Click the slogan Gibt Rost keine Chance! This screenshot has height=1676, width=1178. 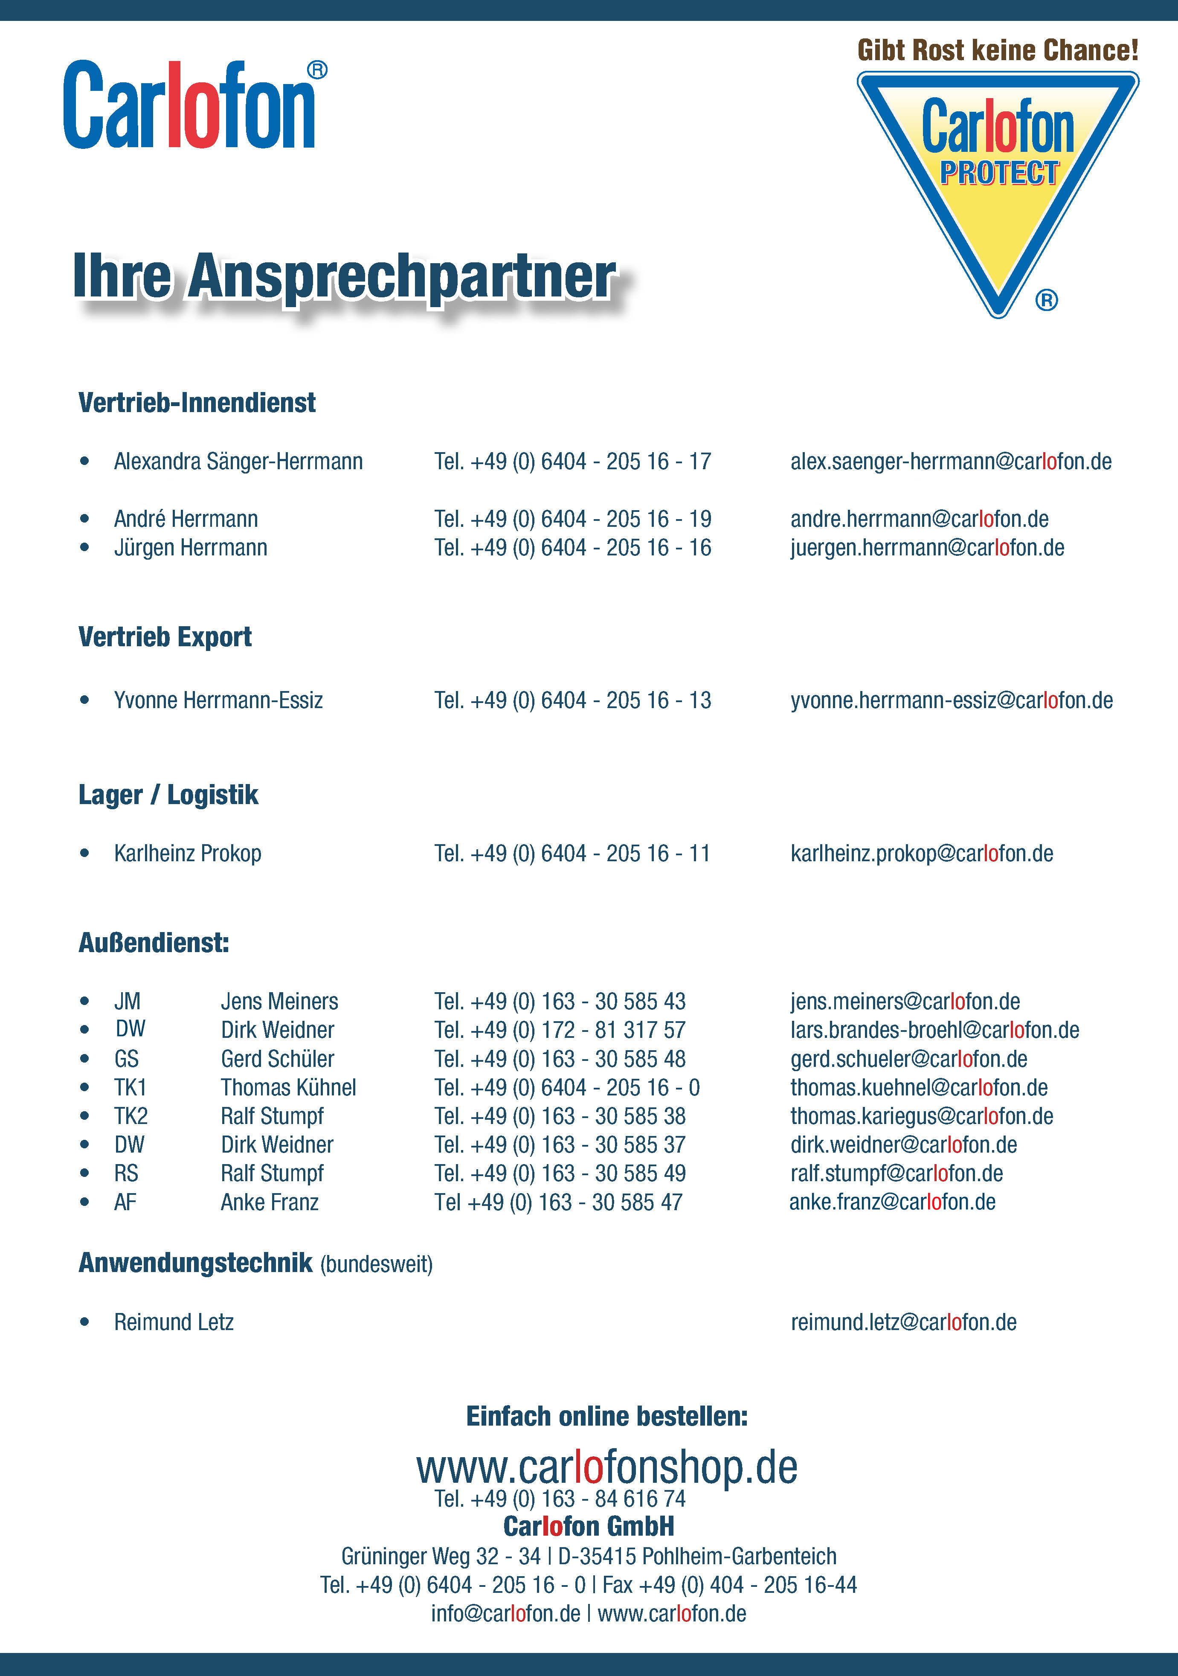pyautogui.click(x=997, y=50)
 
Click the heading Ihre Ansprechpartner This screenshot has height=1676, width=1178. pyautogui.click(x=345, y=277)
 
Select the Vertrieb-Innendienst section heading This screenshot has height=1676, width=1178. pyautogui.click(x=197, y=402)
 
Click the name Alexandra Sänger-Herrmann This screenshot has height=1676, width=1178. pyautogui.click(x=238, y=462)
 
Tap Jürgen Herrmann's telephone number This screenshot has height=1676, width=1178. pyautogui.click(x=572, y=547)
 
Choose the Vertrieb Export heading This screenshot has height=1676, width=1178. pyautogui.click(x=165, y=636)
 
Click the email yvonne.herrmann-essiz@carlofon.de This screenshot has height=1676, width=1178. pyautogui.click(x=951, y=700)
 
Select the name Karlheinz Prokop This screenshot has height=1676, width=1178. pyautogui.click(x=188, y=853)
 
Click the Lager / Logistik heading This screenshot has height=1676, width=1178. pyautogui.click(x=168, y=794)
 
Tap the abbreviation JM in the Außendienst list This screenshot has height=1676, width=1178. pyautogui.click(x=127, y=1002)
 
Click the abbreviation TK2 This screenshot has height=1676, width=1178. pyautogui.click(x=131, y=1116)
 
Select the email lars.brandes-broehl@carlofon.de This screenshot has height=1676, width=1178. pyautogui.click(x=934, y=1030)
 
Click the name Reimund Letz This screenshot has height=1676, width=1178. pyautogui.click(x=174, y=1322)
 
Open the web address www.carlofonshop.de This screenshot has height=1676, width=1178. pyautogui.click(x=606, y=1467)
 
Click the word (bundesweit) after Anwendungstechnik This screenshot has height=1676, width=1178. pyautogui.click(x=377, y=1264)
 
